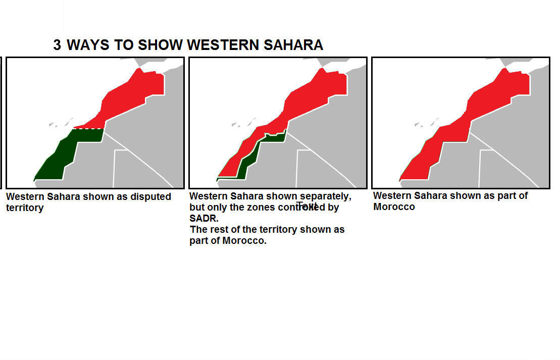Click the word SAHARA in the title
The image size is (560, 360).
pyautogui.click(x=293, y=45)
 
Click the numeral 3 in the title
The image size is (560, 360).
pyautogui.click(x=57, y=45)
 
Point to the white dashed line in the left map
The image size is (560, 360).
pyautogui.click(x=89, y=129)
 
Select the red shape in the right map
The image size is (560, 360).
pyautogui.click(x=485, y=101)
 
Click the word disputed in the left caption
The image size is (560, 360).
pyautogui.click(x=150, y=196)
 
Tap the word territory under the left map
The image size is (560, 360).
pyautogui.click(x=25, y=208)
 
